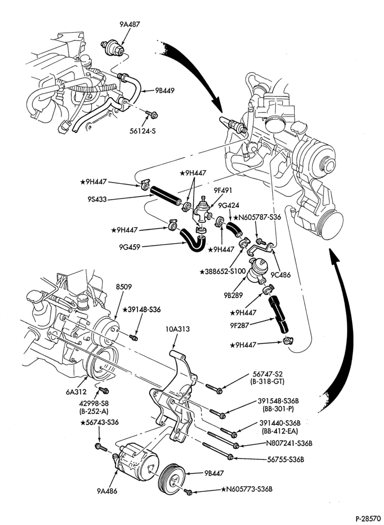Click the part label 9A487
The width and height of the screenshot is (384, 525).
(x=130, y=25)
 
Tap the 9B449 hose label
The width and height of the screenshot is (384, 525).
(x=165, y=90)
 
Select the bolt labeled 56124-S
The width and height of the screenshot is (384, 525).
(x=152, y=115)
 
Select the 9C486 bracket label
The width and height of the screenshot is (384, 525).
(x=280, y=275)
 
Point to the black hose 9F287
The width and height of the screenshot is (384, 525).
(x=279, y=314)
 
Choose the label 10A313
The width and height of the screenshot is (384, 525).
(x=177, y=330)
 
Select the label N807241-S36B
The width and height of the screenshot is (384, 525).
(x=289, y=443)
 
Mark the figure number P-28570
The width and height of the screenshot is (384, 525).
(x=368, y=519)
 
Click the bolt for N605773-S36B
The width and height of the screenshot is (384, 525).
(x=188, y=492)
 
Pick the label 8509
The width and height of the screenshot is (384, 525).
(x=124, y=287)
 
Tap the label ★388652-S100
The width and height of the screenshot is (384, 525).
(x=223, y=271)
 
